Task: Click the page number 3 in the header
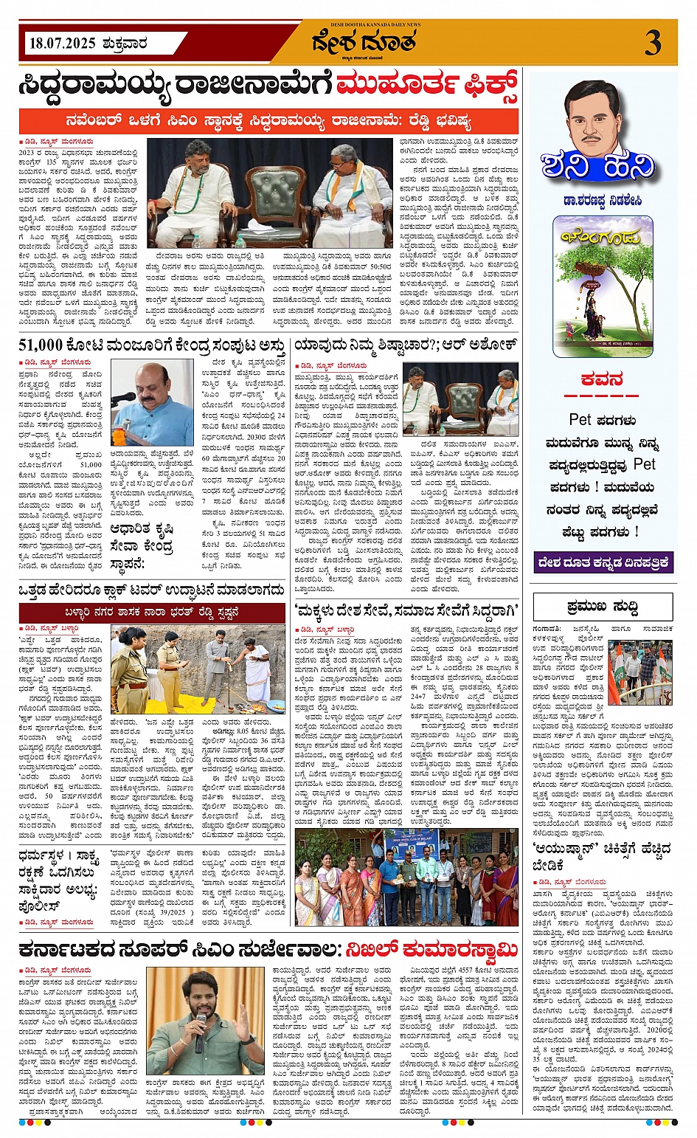point(652,43)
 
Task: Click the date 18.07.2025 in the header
point(62,44)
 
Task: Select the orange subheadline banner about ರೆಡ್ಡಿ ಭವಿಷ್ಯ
point(268,120)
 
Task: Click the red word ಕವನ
point(602,379)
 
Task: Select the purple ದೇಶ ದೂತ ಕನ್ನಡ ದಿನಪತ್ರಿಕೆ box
point(603,562)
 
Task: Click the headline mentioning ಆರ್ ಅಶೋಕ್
point(406,345)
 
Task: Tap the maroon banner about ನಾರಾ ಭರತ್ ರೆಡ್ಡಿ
point(152,613)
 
